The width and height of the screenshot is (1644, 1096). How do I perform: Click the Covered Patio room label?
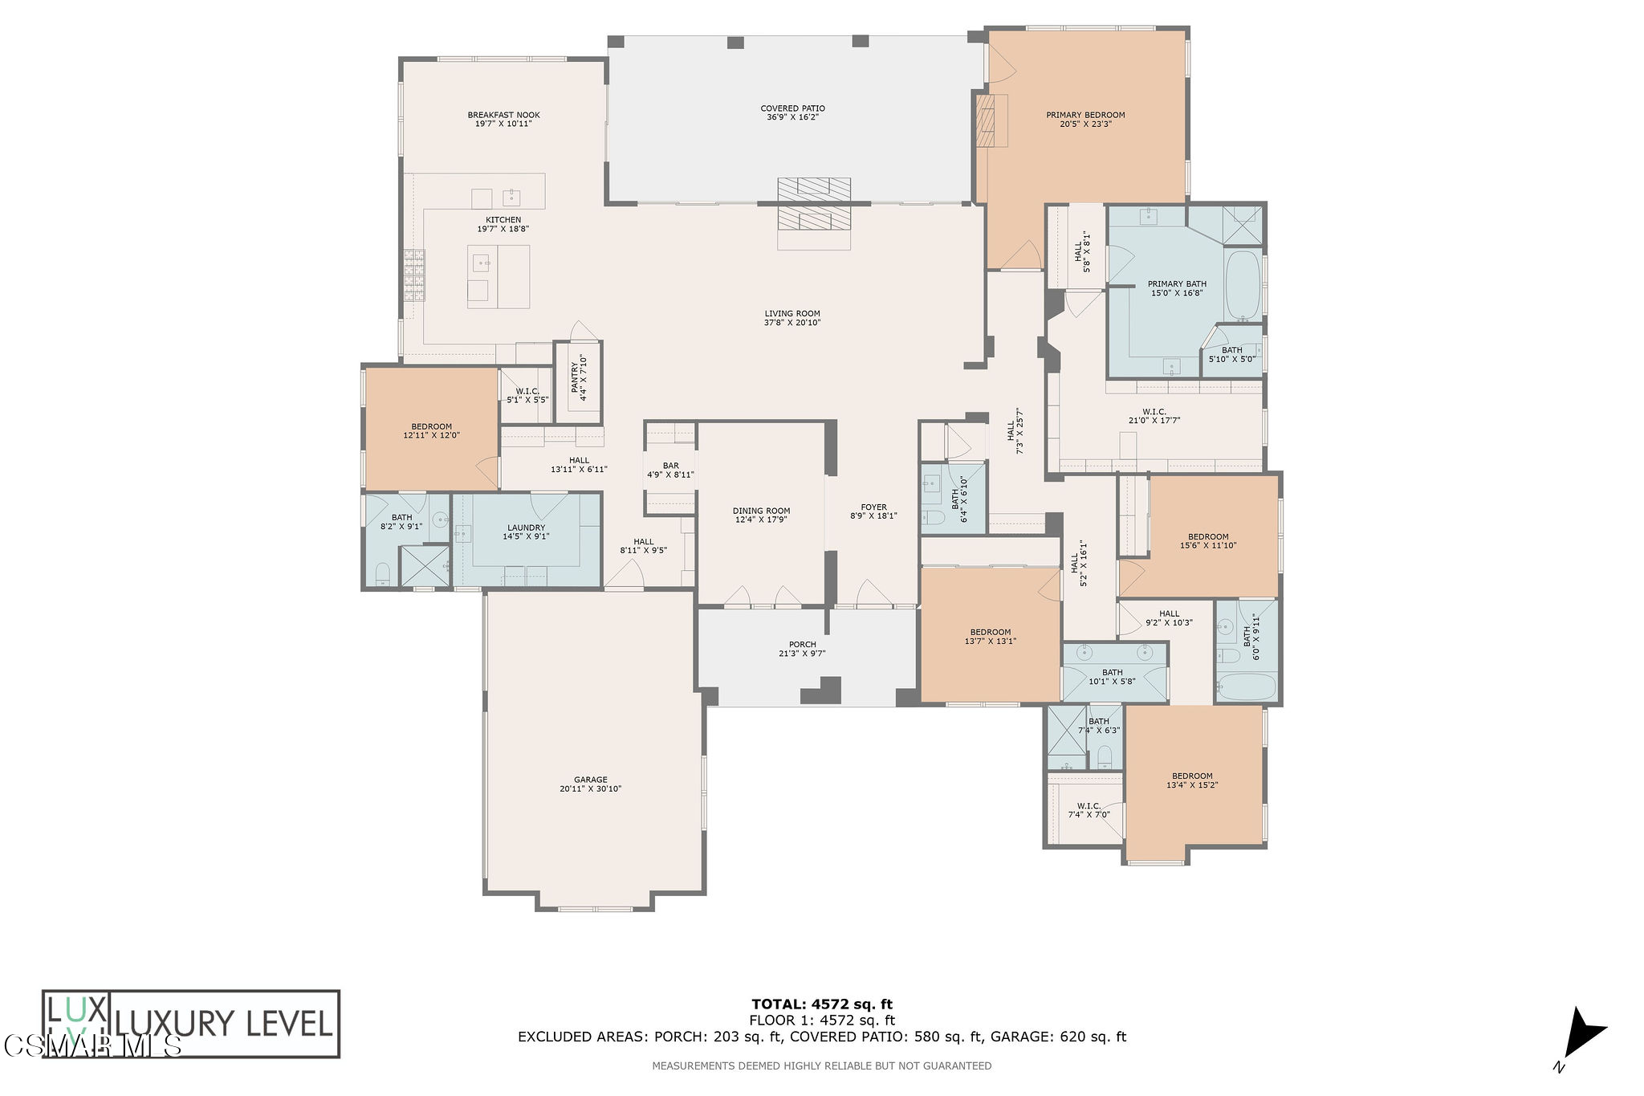pos(792,108)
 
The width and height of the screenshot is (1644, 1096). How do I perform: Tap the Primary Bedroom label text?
pos(1085,115)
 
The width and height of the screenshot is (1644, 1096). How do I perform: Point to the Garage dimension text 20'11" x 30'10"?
pos(590,789)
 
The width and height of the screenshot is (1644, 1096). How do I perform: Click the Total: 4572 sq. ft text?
pos(821,1004)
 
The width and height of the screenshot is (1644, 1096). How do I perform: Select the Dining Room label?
pos(761,511)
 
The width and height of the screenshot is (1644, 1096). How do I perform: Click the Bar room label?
pos(670,466)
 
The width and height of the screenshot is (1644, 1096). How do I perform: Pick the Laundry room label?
pos(526,528)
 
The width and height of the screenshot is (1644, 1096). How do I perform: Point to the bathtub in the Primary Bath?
pos(1243,286)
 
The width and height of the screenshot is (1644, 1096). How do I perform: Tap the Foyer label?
pos(873,507)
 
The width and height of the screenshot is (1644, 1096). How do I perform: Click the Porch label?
pos(802,645)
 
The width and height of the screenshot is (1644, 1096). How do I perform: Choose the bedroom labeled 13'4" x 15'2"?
pos(1191,780)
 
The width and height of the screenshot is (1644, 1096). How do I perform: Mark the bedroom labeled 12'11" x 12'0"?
pos(431,431)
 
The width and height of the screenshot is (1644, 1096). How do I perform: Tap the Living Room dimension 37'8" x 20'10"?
pos(791,323)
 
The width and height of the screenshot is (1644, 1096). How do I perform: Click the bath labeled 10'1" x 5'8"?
pos(1112,677)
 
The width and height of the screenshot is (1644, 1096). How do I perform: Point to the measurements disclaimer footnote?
pos(821,1066)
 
